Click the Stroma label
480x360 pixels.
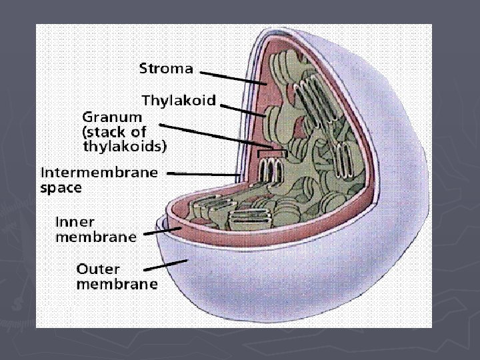(166, 68)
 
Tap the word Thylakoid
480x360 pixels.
(179, 100)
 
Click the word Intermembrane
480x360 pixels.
(99, 172)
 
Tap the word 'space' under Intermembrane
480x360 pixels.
(61, 187)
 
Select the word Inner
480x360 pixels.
(75, 221)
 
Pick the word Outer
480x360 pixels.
(98, 269)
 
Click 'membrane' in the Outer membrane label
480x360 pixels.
(117, 285)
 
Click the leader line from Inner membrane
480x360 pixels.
(163, 231)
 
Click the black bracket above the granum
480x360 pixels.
(272, 152)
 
